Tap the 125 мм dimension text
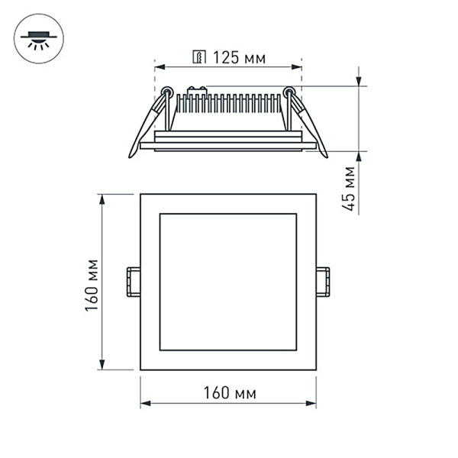click(x=233, y=56)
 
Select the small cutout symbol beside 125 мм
click(x=200, y=56)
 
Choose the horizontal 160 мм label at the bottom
click(x=228, y=393)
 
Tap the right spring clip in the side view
click(x=308, y=122)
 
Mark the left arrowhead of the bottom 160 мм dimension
click(x=144, y=404)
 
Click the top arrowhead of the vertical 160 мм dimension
click(x=102, y=198)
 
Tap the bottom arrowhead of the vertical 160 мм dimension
click(x=102, y=366)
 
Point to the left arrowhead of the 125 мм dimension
click(x=159, y=66)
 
